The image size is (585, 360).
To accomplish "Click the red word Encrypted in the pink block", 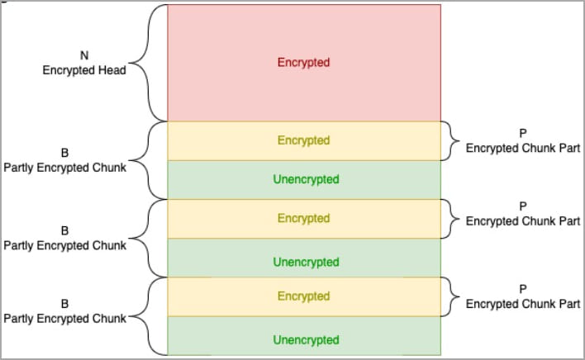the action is [x=303, y=63].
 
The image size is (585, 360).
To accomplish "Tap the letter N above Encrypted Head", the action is [x=84, y=55].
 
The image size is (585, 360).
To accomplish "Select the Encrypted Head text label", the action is [x=84, y=70].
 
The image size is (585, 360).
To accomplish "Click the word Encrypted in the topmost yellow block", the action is [x=303, y=140].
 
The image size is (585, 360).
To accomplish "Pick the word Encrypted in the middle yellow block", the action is [x=303, y=218].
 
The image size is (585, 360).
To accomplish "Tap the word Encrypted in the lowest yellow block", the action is [x=303, y=296].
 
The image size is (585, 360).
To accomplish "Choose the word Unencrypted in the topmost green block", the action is [x=306, y=179].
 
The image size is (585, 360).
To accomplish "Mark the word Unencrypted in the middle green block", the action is [x=306, y=262].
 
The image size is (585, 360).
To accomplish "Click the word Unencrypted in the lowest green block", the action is [x=306, y=340].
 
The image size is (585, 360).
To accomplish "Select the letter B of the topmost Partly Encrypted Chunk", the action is [x=64, y=153].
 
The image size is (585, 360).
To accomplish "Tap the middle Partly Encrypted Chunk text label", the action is [x=65, y=245].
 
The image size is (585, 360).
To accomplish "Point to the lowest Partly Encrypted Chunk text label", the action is [x=65, y=319].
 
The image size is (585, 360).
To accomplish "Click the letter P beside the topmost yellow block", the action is [x=523, y=134].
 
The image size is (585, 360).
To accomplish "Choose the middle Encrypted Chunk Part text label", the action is [x=523, y=221].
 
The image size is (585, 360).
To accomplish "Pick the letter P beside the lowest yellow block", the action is [x=523, y=289].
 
